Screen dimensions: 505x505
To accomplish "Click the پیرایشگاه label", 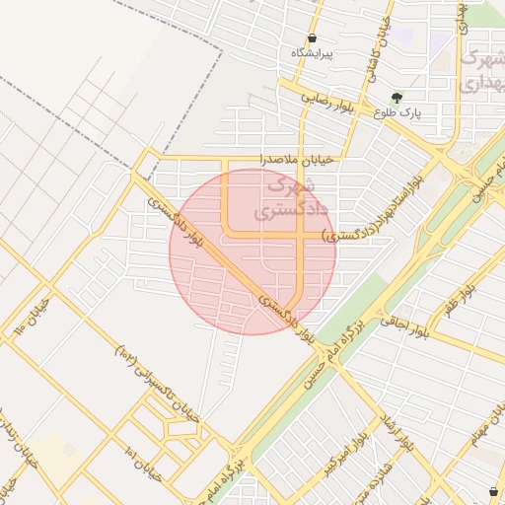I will coord(313,52).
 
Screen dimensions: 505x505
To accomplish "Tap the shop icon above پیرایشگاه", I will coord(312,37).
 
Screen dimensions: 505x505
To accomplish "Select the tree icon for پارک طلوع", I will coord(397,98).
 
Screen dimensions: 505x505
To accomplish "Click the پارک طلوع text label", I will coord(397,112).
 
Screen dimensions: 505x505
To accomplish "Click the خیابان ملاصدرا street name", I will coord(297,158).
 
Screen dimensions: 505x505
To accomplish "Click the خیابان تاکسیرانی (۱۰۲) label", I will coord(159,381).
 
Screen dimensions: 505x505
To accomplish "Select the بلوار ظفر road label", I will coord(461,301).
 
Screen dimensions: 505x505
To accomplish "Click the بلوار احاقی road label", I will coord(406,325).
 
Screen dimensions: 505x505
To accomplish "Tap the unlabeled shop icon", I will coord(493,490).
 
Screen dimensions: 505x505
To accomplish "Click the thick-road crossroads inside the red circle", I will coord(301,236).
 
